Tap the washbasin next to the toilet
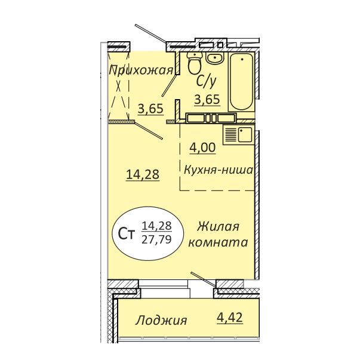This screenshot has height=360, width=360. [x=215, y=59]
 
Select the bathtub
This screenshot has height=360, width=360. [x=242, y=82]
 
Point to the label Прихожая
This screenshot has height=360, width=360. [x=140, y=70]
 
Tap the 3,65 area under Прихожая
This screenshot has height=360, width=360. [x=149, y=109]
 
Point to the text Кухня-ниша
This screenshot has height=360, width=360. [x=219, y=170]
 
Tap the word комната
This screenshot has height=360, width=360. [x=218, y=243]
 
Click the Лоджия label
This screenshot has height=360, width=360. [x=161, y=320]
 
